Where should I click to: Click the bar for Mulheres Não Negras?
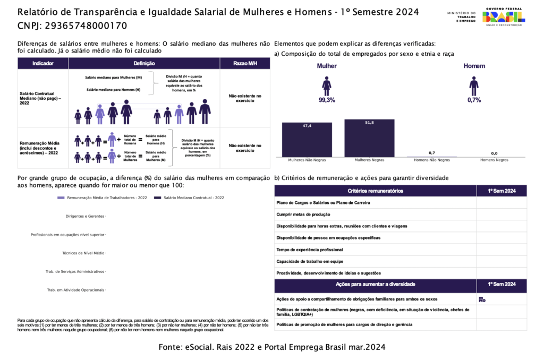pyautogui.click(x=307, y=140)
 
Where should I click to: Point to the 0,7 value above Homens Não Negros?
pyautogui.click(x=432, y=153)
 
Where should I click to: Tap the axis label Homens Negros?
pyautogui.click(x=494, y=160)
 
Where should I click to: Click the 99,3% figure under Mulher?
pyautogui.click(x=327, y=100)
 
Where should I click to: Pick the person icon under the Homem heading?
pyautogui.click(x=474, y=85)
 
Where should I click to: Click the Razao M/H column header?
pyautogui.click(x=245, y=63)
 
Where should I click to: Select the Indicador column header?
pyautogui.click(x=43, y=63)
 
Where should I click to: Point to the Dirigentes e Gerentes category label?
pyautogui.click(x=85, y=216)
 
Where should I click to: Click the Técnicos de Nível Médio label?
pyautogui.click(x=83, y=253)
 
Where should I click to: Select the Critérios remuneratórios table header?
pyautogui.click(x=375, y=191)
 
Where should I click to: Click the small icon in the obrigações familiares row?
pyautogui.click(x=482, y=299)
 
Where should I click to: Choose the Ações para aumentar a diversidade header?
pyautogui.click(x=375, y=285)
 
